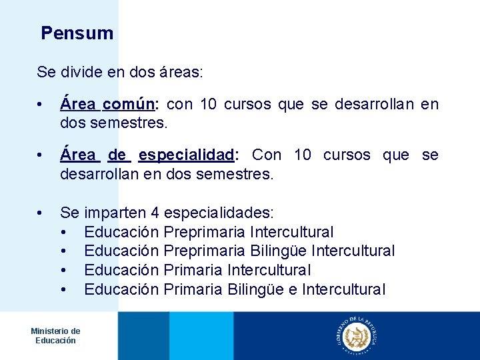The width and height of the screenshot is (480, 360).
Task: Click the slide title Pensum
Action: (x=77, y=33)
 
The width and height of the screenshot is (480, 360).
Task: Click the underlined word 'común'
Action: (x=129, y=105)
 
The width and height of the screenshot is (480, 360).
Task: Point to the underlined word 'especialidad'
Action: (x=187, y=155)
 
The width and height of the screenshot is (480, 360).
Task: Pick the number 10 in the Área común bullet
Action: (x=207, y=105)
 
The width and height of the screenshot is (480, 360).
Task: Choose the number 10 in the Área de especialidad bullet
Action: (x=303, y=155)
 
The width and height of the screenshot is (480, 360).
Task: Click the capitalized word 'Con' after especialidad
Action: (x=267, y=155)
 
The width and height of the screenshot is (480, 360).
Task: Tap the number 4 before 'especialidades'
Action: (x=155, y=213)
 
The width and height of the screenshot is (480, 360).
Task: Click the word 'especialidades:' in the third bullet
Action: (x=218, y=213)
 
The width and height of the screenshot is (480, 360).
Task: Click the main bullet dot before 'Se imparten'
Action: (x=41, y=213)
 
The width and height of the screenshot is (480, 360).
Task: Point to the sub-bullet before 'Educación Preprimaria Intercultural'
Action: (x=63, y=233)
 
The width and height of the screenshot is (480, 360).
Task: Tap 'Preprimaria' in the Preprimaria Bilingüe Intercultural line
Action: (x=205, y=251)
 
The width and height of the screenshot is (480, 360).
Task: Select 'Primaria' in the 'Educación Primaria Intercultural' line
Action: (x=193, y=271)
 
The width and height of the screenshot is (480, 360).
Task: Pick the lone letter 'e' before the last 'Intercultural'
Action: (x=293, y=290)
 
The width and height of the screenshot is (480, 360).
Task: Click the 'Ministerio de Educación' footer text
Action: (x=55, y=336)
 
